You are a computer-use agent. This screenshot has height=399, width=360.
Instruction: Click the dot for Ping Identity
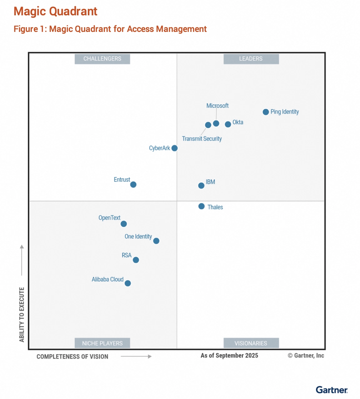click(x=266, y=112)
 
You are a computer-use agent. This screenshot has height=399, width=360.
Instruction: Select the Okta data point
click(x=228, y=124)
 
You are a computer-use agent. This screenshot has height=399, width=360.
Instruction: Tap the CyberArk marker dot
click(x=174, y=148)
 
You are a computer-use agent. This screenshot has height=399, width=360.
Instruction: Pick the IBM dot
click(x=201, y=186)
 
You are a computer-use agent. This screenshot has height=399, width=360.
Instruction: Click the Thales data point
click(x=202, y=206)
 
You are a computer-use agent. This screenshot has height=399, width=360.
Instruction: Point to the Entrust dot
click(x=133, y=184)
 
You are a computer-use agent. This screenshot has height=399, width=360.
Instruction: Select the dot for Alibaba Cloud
click(x=127, y=283)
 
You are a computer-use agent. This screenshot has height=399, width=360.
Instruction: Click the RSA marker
click(x=136, y=260)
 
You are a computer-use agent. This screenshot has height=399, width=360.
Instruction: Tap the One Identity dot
click(x=156, y=241)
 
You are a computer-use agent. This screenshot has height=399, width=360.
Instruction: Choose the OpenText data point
click(x=124, y=224)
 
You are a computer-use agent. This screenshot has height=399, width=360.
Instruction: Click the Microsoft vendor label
click(x=217, y=106)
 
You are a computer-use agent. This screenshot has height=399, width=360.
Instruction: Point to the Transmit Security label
click(x=202, y=139)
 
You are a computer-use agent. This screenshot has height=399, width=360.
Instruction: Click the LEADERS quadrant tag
click(x=251, y=59)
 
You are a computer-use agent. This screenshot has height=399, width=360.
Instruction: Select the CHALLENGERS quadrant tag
click(x=102, y=59)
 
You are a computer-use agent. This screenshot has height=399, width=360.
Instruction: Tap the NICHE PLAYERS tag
click(x=102, y=343)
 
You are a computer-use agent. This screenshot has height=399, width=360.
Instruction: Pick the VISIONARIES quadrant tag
click(x=251, y=343)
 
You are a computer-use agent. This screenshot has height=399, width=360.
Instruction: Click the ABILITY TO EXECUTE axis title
click(x=22, y=314)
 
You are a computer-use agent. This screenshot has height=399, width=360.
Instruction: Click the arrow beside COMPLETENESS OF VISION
click(x=136, y=356)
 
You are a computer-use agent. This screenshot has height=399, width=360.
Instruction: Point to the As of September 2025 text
click(x=229, y=356)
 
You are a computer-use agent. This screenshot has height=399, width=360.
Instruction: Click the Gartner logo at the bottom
click(x=332, y=390)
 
